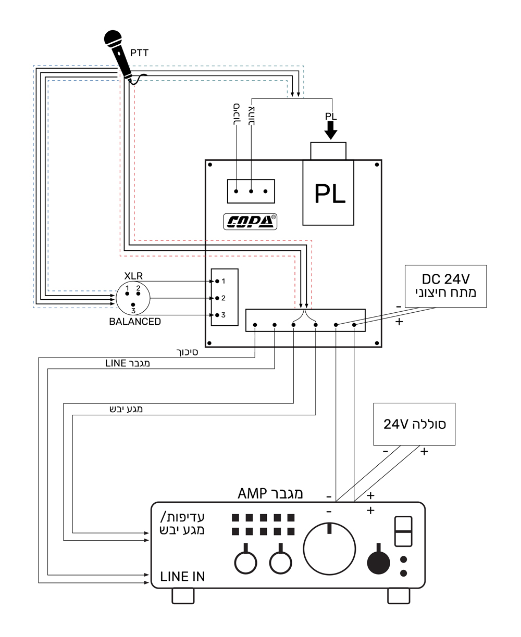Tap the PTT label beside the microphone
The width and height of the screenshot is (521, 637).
139,53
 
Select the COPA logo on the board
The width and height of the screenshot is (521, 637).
250,222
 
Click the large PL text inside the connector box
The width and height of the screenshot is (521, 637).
330,194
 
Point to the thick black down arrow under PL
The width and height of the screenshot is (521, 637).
331,131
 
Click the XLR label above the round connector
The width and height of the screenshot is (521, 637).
133,276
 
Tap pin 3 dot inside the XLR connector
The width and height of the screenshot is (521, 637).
133,305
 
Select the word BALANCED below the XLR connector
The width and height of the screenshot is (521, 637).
135,322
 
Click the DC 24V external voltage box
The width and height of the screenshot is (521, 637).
445,286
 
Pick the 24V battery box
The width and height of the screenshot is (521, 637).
414,424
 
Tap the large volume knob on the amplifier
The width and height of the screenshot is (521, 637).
329,549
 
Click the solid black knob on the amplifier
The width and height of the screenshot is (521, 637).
378,561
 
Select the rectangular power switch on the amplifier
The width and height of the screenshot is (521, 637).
403,531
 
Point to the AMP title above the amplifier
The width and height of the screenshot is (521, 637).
270,494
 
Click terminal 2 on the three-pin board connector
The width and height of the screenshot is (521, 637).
217,298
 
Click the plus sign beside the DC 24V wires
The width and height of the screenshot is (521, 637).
399,322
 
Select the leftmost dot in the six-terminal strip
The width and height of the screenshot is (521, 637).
255,325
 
